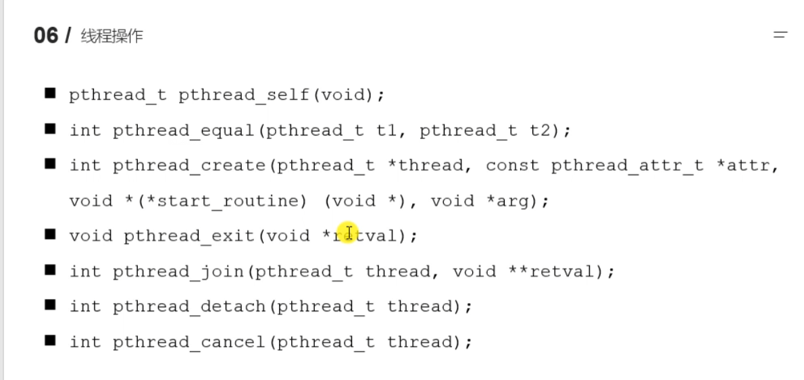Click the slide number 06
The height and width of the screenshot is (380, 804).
pyautogui.click(x=46, y=35)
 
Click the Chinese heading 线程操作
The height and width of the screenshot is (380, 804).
pyautogui.click(x=111, y=36)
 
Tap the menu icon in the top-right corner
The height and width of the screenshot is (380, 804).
pyautogui.click(x=780, y=34)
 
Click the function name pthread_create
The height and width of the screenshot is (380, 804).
pyautogui.click(x=191, y=166)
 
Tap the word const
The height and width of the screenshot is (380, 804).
pyautogui.click(x=512, y=166)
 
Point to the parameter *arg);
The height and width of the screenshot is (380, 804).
pyautogui.click(x=512, y=201)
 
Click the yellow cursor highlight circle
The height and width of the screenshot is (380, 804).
pyautogui.click(x=347, y=234)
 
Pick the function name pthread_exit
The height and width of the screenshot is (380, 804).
pyautogui.click(x=189, y=236)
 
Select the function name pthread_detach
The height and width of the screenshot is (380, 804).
pyautogui.click(x=191, y=306)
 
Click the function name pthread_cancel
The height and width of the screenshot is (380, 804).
pyautogui.click(x=191, y=342)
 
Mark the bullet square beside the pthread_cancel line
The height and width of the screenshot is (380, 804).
pyautogui.click(x=50, y=340)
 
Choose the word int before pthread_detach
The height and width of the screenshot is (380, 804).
pyautogui.click(x=85, y=306)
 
